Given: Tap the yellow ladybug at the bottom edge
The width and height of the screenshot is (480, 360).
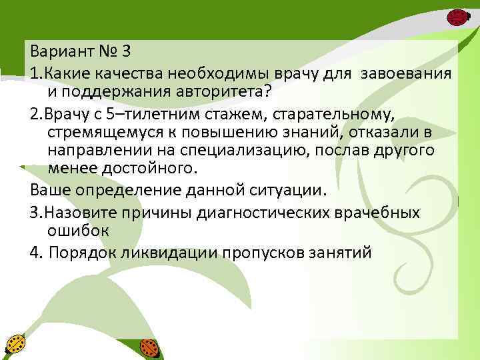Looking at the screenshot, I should [x=15, y=345].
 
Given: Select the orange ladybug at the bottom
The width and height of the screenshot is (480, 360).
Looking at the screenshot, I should [x=149, y=348].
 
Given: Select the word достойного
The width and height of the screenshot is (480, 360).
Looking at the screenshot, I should [x=149, y=169].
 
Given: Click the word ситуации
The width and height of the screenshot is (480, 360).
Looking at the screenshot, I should [x=288, y=189].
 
